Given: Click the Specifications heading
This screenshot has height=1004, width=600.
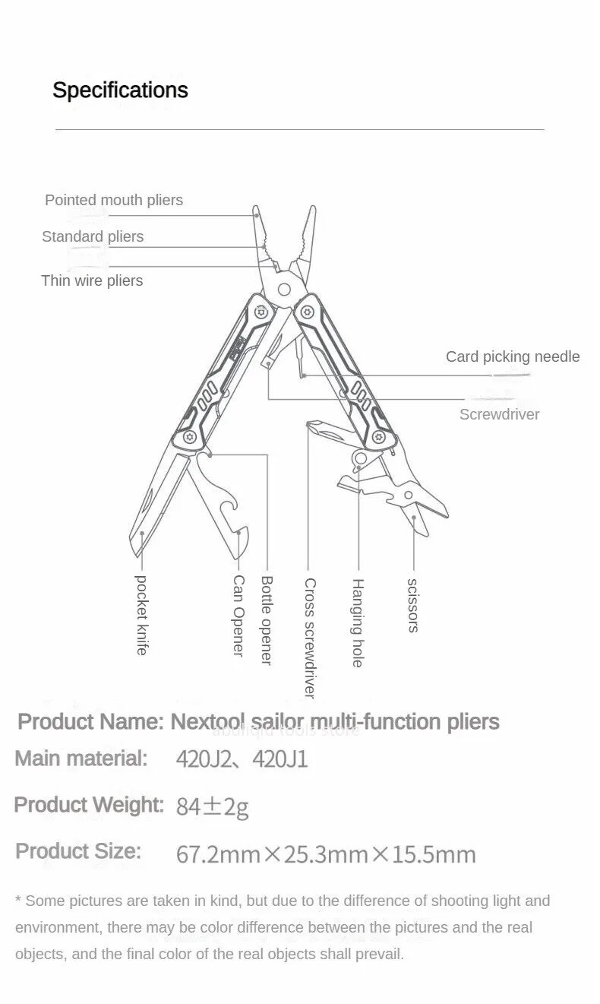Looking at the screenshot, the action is point(120,90).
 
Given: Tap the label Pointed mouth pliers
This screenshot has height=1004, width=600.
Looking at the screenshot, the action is point(114,200).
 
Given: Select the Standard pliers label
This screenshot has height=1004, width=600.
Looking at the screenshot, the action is point(93,236).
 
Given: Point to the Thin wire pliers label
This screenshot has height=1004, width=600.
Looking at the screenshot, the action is point(92,280).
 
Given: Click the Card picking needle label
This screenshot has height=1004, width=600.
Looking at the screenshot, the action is point(513,356).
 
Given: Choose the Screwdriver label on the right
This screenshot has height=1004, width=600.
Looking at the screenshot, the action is point(499,415).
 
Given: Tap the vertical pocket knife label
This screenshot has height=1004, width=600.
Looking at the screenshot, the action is point(141,615).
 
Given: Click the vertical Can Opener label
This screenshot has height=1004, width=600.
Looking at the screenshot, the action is point(238,616).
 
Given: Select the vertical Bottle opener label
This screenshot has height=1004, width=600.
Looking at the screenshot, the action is point(267,620).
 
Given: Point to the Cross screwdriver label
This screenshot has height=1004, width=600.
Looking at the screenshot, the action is point(310,638).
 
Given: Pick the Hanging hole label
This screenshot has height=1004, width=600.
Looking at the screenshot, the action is point(357,622).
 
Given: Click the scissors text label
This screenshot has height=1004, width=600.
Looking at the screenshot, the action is point(413,606).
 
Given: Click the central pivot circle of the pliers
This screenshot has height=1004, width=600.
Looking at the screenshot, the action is point(284,289).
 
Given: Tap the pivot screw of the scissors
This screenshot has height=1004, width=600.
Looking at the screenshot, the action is point(409,496).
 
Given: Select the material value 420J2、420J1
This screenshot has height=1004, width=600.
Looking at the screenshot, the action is point(242,759).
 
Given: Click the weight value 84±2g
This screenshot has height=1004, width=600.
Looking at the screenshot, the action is point(212,806).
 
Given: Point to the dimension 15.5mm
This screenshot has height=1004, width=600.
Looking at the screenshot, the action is point(434,854).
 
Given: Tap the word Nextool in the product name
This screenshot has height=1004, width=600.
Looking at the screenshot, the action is point(207,722).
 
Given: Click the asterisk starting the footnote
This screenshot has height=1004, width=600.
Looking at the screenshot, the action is point(18,899).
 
